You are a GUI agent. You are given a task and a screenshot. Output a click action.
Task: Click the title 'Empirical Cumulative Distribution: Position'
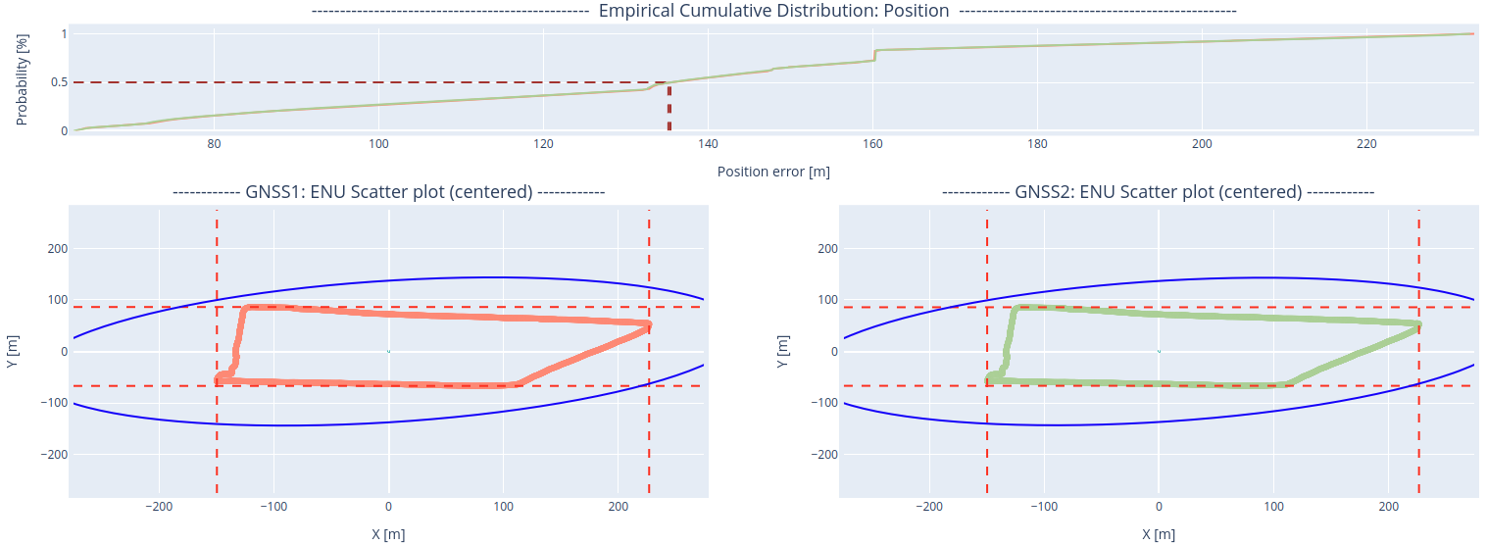click(x=773, y=11)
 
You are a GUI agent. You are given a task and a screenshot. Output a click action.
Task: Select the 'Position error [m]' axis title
click(x=773, y=172)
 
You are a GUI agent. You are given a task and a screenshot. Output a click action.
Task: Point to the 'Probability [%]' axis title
click(x=23, y=81)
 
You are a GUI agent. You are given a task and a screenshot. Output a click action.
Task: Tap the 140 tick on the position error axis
click(x=708, y=144)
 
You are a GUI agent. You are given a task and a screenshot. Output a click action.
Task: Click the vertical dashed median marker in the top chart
click(x=669, y=107)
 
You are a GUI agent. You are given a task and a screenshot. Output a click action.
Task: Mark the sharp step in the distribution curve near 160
click(x=874, y=55)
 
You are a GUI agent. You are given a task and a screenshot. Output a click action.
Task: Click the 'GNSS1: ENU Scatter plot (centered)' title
click(x=388, y=192)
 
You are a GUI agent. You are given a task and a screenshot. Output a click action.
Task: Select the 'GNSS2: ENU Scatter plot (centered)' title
click(x=1159, y=192)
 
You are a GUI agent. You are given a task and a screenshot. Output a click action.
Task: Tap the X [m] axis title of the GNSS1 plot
click(x=388, y=534)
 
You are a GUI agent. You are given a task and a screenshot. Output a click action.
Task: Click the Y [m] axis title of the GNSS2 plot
click(x=783, y=351)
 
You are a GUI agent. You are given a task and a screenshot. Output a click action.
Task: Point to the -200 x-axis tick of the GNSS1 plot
click(x=160, y=507)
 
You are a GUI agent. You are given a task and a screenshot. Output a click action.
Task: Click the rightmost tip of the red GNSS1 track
click(x=649, y=325)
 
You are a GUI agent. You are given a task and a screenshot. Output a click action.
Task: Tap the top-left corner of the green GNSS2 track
click(x=1015, y=308)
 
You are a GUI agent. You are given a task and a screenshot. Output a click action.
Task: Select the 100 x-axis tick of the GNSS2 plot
click(x=1273, y=507)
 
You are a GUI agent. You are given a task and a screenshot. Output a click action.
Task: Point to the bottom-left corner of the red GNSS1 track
click(x=218, y=380)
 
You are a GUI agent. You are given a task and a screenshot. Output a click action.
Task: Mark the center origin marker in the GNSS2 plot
click(x=1159, y=351)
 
